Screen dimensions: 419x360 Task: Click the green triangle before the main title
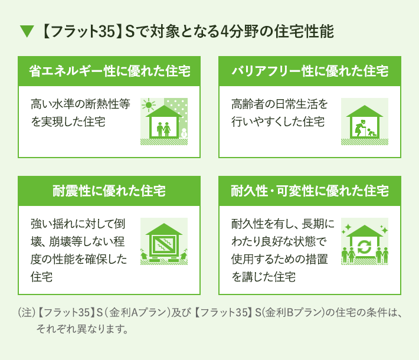(27, 31)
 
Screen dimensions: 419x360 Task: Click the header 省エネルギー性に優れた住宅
(109, 71)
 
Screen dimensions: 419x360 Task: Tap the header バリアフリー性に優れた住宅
(310, 71)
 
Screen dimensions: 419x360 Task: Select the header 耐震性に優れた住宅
(109, 191)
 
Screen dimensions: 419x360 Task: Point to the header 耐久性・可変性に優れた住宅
(310, 191)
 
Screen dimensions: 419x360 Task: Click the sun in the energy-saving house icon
(149, 105)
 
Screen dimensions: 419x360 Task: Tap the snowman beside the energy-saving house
(184, 133)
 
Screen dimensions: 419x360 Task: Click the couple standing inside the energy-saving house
(163, 129)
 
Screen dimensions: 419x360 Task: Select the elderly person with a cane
(359, 128)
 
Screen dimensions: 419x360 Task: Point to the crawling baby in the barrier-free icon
(371, 132)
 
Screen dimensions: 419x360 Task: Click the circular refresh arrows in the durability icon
(365, 247)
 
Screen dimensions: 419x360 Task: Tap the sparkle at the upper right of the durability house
(384, 230)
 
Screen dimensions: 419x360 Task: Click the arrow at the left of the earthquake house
(143, 254)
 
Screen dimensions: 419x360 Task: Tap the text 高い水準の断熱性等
(80, 104)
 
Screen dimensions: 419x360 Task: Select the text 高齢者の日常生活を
(280, 104)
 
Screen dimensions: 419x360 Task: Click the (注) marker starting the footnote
(27, 312)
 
